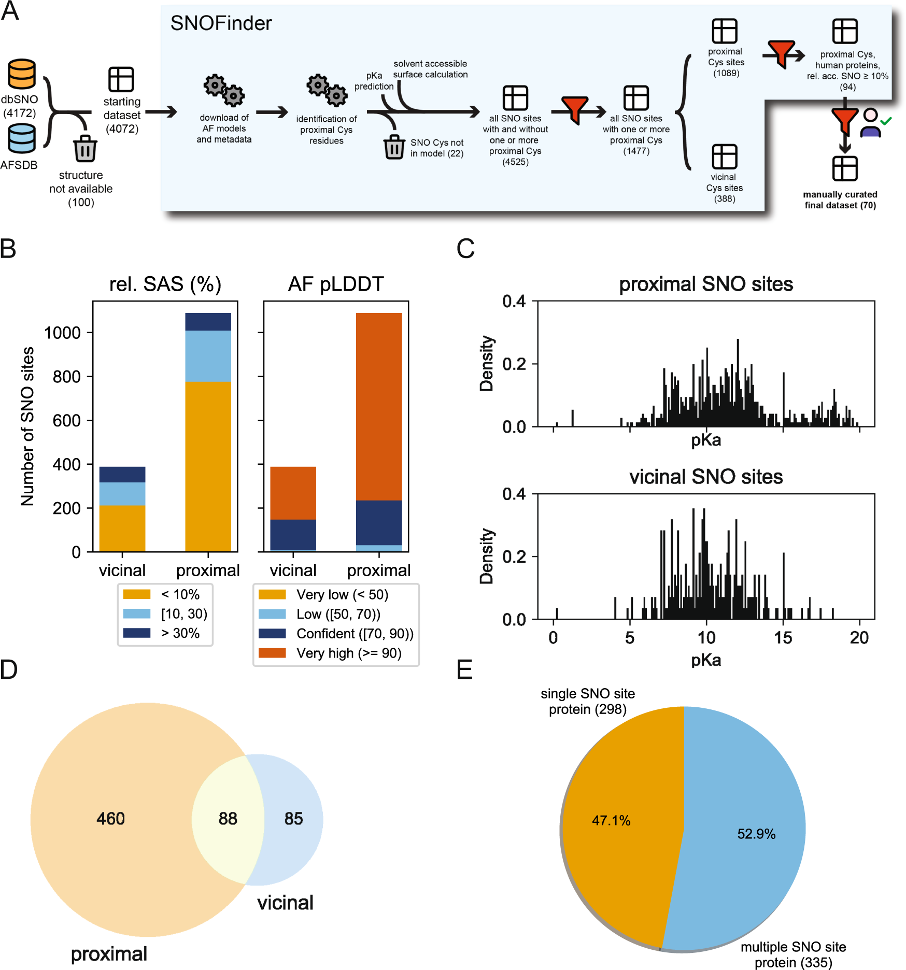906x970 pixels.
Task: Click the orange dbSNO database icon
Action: click(x=21, y=74)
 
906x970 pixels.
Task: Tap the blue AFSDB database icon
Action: click(x=21, y=138)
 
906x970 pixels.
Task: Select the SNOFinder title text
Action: click(x=221, y=23)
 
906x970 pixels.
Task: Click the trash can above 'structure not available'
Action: click(x=85, y=149)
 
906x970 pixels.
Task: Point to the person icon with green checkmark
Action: click(x=872, y=122)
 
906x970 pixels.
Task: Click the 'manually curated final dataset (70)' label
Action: click(x=840, y=200)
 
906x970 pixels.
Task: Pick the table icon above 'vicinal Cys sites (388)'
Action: click(x=724, y=156)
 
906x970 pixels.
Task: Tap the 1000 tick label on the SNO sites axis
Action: click(x=62, y=333)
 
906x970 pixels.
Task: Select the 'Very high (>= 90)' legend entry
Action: click(x=348, y=653)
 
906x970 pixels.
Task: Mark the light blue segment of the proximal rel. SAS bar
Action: click(x=208, y=356)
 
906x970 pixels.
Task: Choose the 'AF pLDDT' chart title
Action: click(x=336, y=284)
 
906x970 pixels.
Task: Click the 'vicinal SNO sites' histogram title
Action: click(x=705, y=477)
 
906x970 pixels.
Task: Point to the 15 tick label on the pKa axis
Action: click(x=783, y=637)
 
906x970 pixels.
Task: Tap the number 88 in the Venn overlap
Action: click(x=228, y=818)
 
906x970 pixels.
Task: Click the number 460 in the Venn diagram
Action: click(x=110, y=818)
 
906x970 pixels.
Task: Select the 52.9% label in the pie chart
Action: click(x=756, y=834)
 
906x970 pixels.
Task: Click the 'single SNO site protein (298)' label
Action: click(x=587, y=701)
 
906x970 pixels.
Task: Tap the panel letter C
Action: click(x=465, y=248)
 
